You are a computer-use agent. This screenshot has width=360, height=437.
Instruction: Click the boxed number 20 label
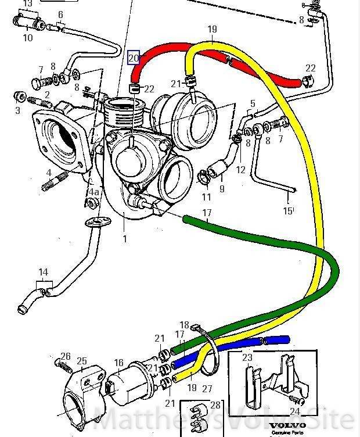click(134, 58)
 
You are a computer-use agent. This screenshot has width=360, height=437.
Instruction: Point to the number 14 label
click(43, 272)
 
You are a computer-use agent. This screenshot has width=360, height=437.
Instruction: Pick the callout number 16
click(118, 363)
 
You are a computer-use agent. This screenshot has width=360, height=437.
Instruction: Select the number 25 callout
click(81, 361)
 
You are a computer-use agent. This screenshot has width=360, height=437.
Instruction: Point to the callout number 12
click(240, 170)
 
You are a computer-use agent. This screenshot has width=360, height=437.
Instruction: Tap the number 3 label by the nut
click(18, 110)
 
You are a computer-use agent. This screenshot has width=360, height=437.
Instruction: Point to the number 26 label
click(65, 357)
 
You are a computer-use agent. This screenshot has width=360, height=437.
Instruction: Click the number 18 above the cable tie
click(185, 325)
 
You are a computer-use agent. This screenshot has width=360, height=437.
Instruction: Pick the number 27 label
click(207, 389)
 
